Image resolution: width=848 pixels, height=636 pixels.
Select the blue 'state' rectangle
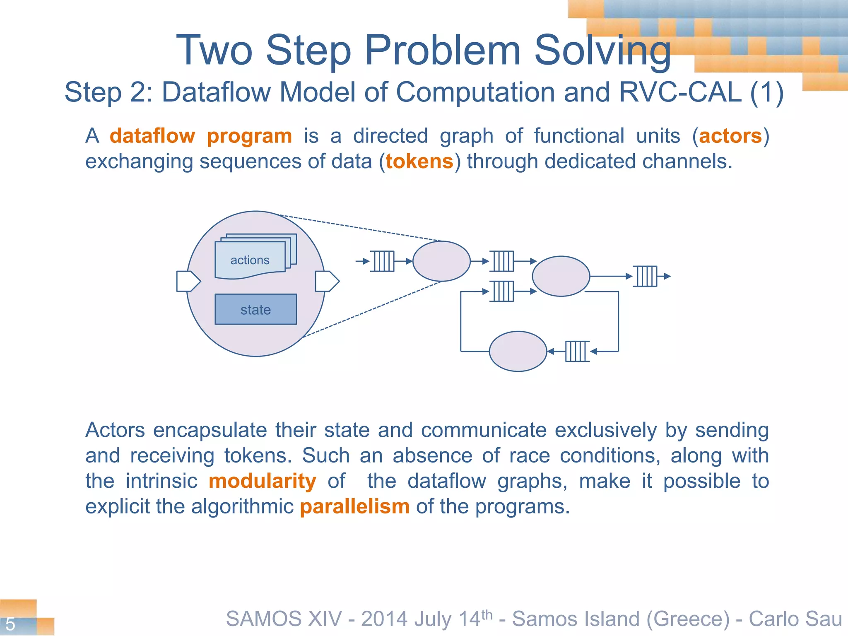coord(255,309)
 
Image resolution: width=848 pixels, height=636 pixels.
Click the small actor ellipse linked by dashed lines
coord(441,261)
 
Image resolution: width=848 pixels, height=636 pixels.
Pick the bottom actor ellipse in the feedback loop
coord(518,351)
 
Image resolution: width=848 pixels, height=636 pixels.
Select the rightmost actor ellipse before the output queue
coord(561,276)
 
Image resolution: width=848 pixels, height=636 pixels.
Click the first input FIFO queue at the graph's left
coord(382,261)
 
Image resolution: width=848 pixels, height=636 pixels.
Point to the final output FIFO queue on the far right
coord(645,276)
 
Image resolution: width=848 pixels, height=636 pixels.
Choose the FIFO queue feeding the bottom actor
coord(577,351)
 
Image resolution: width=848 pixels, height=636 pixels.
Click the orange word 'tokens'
coord(419,161)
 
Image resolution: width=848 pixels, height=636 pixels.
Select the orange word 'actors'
coord(730,136)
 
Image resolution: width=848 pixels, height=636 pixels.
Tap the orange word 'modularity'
coord(263,481)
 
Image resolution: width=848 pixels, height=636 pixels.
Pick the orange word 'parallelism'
coord(355,506)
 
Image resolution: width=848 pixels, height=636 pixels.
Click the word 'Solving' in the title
coord(602,50)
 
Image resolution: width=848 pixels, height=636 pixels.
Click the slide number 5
coord(10,624)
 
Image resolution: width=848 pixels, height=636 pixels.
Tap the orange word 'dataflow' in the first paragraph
coord(152,136)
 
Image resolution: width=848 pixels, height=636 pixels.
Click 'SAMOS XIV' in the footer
coord(284,619)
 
